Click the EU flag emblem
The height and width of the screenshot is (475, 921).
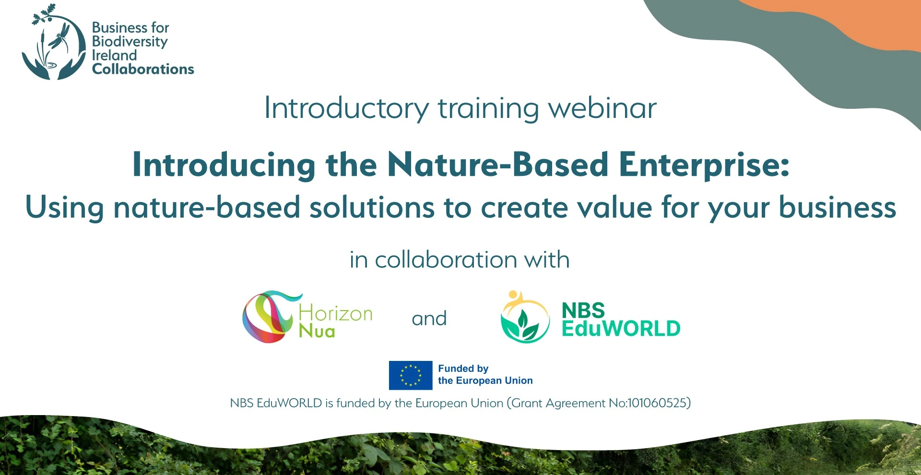tap(411, 375)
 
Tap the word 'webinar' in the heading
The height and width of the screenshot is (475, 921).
tap(602, 108)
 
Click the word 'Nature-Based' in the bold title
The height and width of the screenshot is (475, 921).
tap(498, 164)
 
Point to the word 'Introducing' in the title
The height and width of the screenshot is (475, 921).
tap(224, 164)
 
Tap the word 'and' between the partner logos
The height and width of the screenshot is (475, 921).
tap(429, 318)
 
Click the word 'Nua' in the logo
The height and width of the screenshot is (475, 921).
tap(317, 331)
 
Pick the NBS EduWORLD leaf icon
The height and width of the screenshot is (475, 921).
tap(525, 317)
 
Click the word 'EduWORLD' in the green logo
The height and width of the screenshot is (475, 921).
tap(621, 328)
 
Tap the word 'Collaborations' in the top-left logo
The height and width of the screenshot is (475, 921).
tap(143, 69)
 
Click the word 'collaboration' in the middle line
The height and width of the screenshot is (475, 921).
tap(446, 260)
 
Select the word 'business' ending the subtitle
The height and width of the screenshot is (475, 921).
tap(837, 208)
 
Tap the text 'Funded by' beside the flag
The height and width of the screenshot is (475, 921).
tap(463, 369)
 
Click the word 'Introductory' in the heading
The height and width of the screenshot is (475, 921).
tap(346, 109)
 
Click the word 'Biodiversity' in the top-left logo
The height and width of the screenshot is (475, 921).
tap(130, 42)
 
